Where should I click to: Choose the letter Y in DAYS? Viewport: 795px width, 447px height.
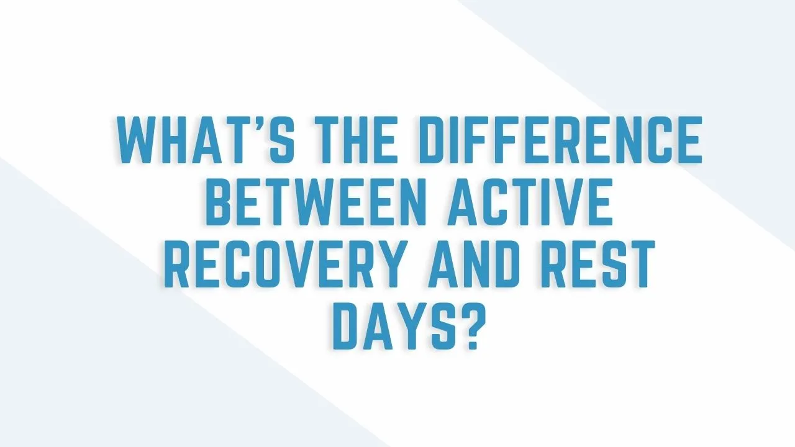tap(408, 327)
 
